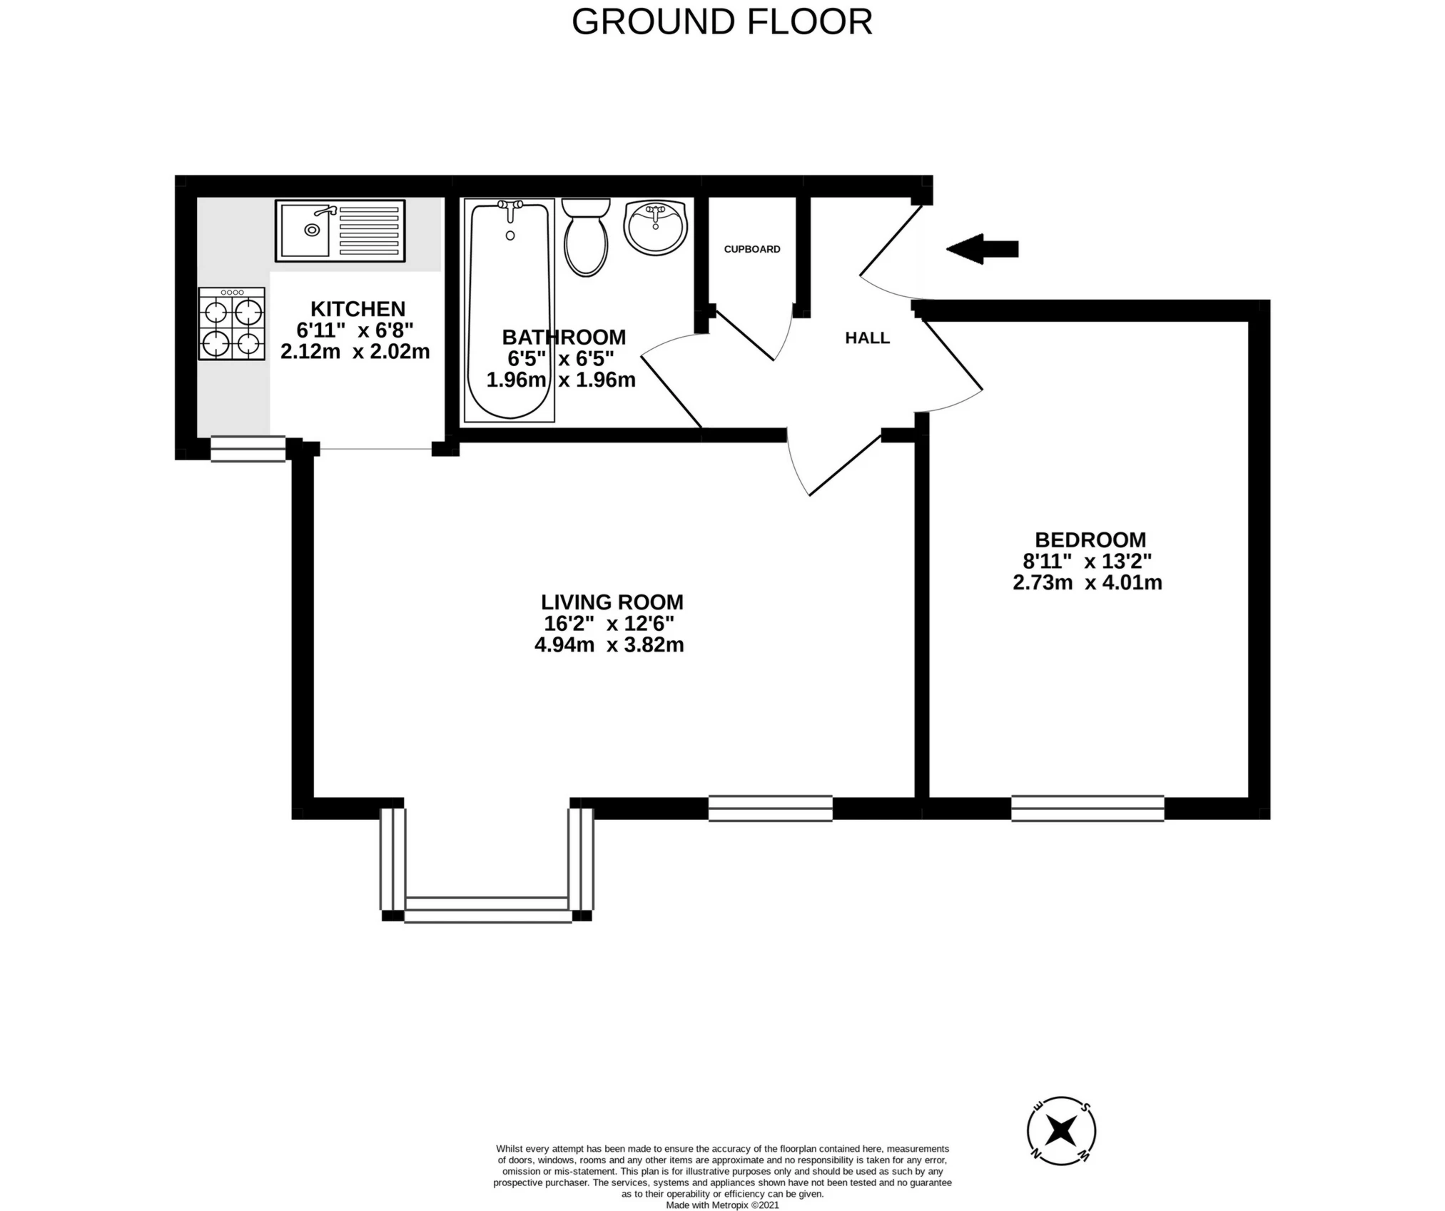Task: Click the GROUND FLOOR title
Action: (722, 21)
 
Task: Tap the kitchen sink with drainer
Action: (340, 230)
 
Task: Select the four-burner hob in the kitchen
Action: (232, 323)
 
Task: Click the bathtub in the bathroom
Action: (509, 310)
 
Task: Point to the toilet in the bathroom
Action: (586, 237)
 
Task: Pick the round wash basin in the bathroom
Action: (656, 227)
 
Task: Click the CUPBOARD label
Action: (752, 249)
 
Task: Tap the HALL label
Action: (868, 338)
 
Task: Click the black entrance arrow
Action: (982, 249)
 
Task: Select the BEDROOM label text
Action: (1090, 539)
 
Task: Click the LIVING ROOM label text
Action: (612, 602)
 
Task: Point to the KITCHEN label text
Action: (358, 308)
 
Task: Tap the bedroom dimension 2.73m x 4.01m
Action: (1087, 582)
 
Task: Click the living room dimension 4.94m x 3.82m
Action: (609, 644)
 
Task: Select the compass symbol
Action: (1062, 1151)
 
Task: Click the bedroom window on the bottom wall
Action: (1088, 809)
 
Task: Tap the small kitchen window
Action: (248, 449)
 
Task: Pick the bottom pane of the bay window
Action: (488, 910)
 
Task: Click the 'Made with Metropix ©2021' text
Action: (722, 1205)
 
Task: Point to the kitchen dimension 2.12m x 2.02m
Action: (355, 351)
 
